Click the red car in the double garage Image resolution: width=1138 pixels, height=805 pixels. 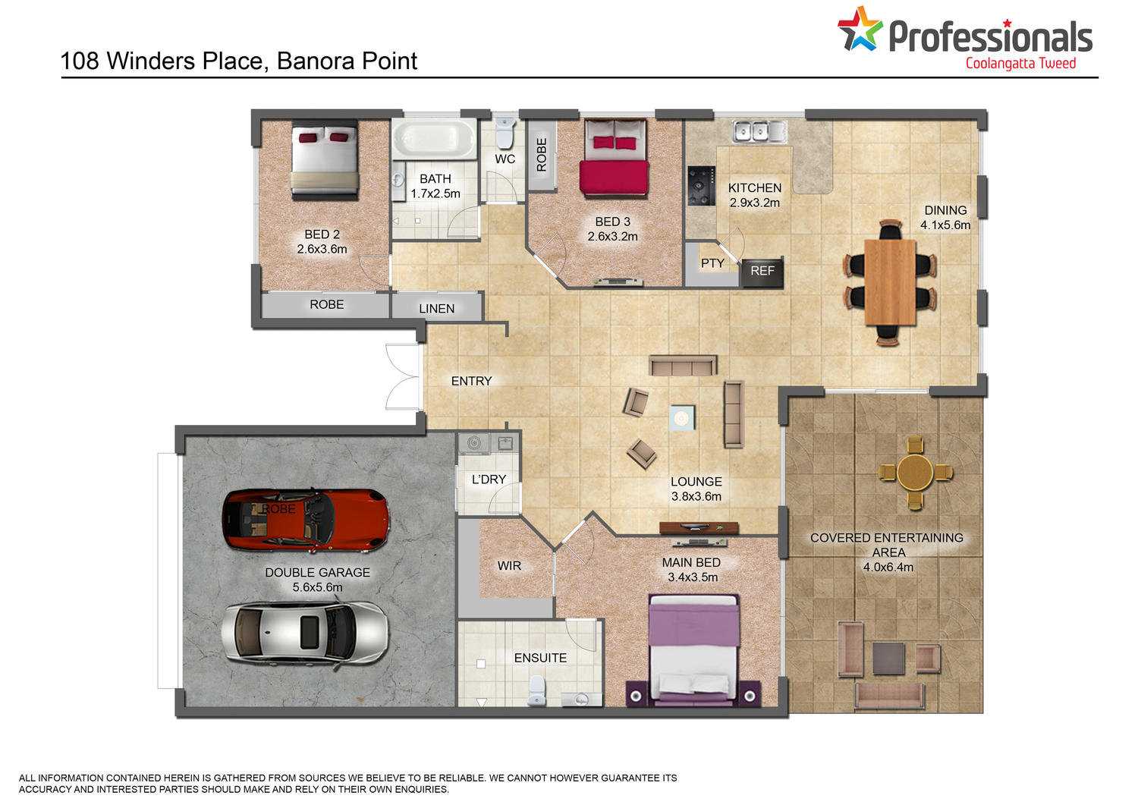306,520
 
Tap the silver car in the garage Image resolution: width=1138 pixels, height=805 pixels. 305,634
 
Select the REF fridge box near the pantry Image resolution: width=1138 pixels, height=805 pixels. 762,272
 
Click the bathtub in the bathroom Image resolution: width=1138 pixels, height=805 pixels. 434,140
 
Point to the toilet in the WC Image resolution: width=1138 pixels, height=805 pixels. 505,133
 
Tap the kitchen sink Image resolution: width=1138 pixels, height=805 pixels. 759,131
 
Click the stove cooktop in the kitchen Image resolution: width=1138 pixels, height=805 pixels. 702,186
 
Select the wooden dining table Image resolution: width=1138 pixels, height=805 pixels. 890,282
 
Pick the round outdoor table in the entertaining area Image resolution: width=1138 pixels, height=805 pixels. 915,473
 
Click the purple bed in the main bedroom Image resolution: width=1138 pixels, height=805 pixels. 694,650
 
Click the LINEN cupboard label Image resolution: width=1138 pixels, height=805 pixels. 437,309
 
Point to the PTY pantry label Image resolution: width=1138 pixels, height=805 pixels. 713,263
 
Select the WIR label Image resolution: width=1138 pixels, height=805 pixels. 509,566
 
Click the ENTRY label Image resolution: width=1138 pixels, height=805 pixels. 471,381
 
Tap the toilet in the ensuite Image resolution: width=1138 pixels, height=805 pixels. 536,690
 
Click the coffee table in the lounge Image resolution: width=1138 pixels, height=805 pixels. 682,418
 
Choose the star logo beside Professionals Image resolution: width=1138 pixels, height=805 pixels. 860,29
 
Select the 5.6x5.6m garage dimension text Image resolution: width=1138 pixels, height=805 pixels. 318,587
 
